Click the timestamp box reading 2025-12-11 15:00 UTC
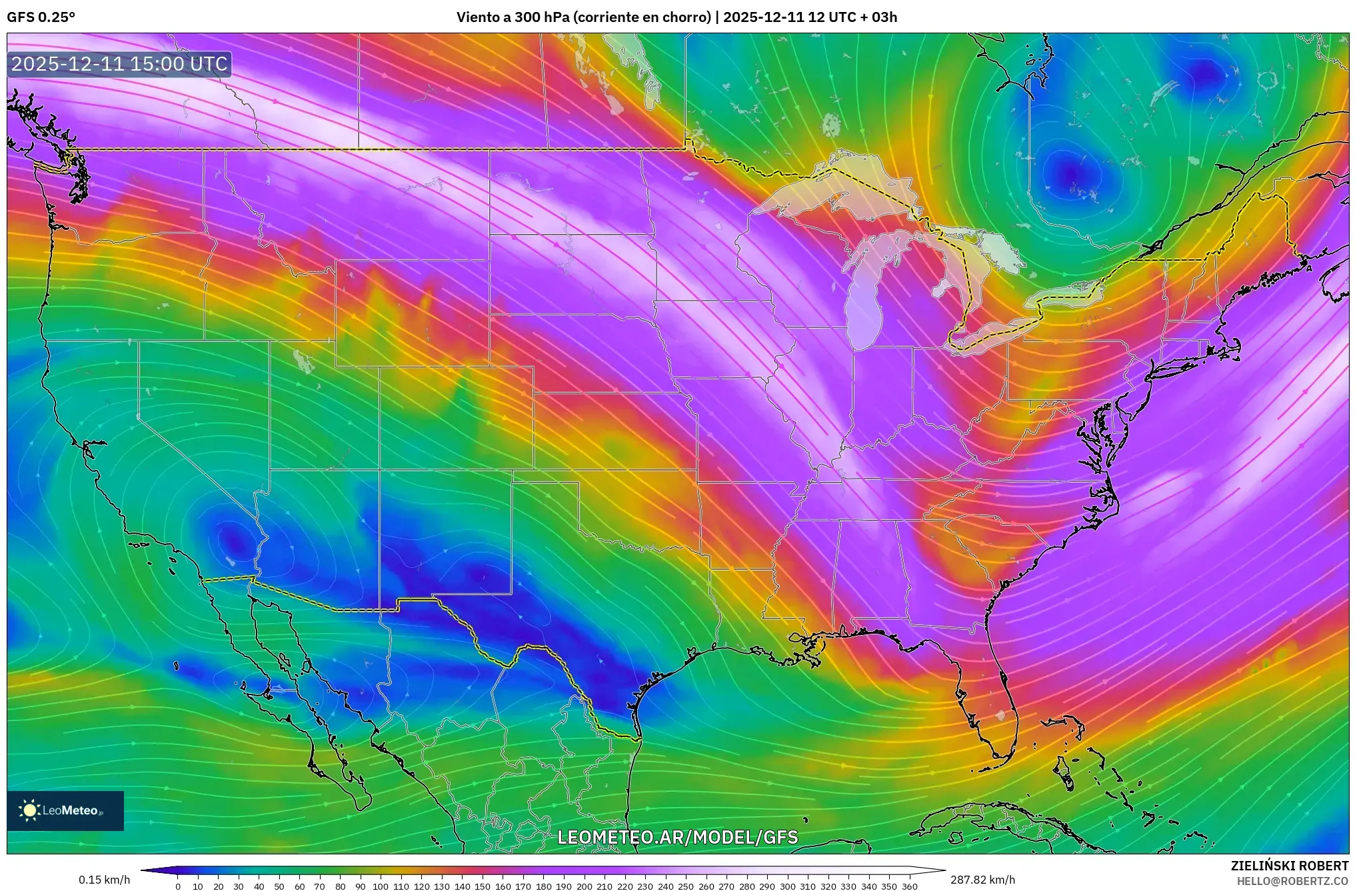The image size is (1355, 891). pyautogui.click(x=119, y=64)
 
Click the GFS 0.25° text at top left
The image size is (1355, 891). pyautogui.click(x=41, y=17)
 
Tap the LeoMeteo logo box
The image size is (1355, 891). pyautogui.click(x=65, y=810)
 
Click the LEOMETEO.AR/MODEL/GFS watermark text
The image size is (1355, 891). pyautogui.click(x=677, y=837)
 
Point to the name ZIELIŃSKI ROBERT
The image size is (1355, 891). pyautogui.click(x=1289, y=866)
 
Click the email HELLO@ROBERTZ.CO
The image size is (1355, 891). pyautogui.click(x=1292, y=881)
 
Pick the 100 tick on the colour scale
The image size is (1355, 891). pyautogui.click(x=381, y=886)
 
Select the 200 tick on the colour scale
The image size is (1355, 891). pyautogui.click(x=585, y=886)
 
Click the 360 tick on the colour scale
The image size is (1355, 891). pyautogui.click(x=910, y=886)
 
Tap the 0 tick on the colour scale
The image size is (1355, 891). pyautogui.click(x=178, y=886)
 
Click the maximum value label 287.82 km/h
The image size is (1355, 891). pyautogui.click(x=982, y=880)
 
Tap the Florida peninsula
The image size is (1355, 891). pyautogui.click(x=993, y=706)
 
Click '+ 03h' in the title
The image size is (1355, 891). pyautogui.click(x=879, y=17)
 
